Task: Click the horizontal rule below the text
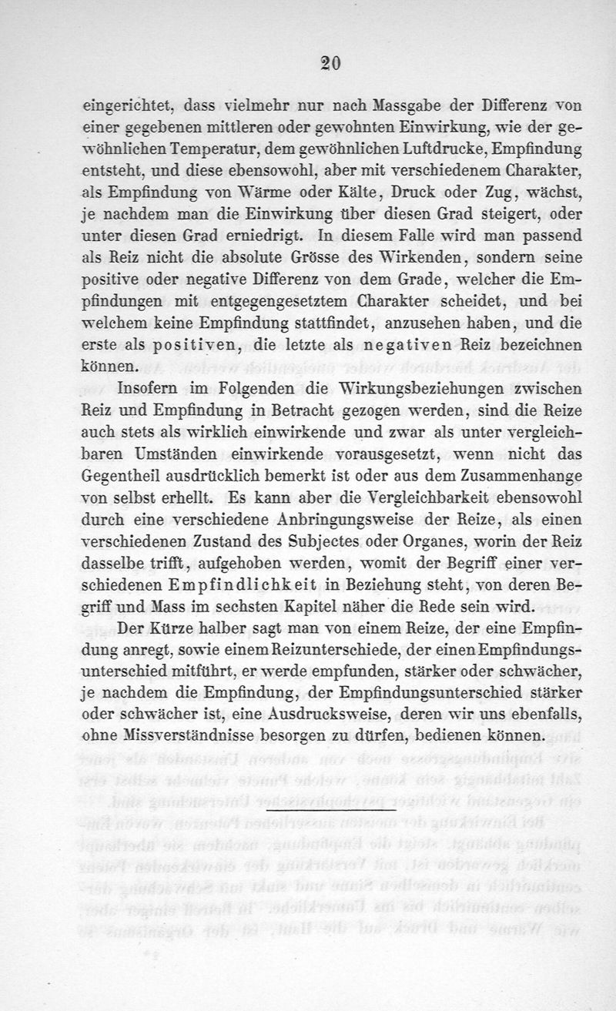[x=330, y=810]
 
